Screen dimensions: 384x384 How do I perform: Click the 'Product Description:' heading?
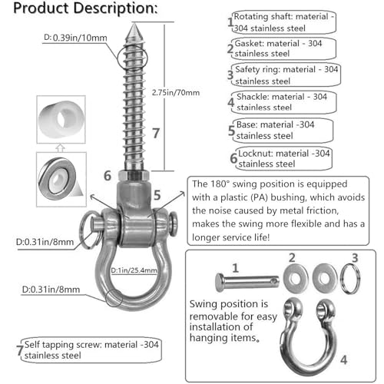pyautogui.click(x=85, y=8)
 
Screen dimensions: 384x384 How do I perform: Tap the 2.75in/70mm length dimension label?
pyautogui.click(x=176, y=92)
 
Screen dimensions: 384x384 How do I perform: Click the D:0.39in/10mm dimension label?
pyautogui.click(x=75, y=38)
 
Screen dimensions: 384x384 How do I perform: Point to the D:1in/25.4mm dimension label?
pyautogui.click(x=134, y=270)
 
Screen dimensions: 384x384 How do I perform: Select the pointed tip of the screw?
pyautogui.click(x=134, y=25)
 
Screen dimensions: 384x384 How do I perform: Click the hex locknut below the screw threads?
pyautogui.click(x=134, y=176)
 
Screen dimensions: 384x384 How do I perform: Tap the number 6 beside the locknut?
pyautogui.click(x=108, y=176)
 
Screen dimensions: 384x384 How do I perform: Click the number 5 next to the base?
pyautogui.click(x=157, y=196)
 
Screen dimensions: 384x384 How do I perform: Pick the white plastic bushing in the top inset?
pyautogui.click(x=61, y=119)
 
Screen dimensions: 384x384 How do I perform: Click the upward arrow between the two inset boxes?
pyautogui.click(x=60, y=148)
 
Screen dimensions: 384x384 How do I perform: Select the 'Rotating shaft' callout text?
pyautogui.click(x=284, y=22)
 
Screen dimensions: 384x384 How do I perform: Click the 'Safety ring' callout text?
pyautogui.click(x=287, y=75)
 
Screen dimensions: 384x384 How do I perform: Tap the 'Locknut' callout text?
pyautogui.click(x=284, y=158)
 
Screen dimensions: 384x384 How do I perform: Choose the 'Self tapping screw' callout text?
pyautogui.click(x=91, y=349)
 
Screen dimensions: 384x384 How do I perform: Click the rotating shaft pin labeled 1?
pyautogui.click(x=247, y=283)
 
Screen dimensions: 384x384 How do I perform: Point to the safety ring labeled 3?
pyautogui.click(x=350, y=279)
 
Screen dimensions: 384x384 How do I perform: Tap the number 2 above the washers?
pyautogui.click(x=292, y=258)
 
